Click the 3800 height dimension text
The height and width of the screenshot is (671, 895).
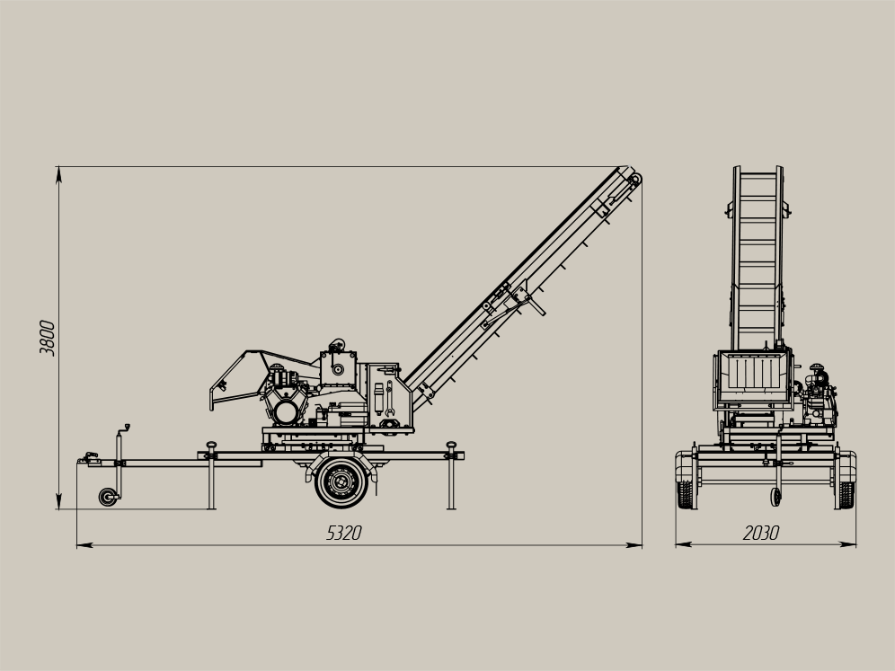[x=47, y=338]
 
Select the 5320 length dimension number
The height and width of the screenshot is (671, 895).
[x=343, y=533]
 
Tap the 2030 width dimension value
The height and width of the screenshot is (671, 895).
[x=761, y=533]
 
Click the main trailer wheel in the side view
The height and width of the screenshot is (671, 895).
[x=341, y=482]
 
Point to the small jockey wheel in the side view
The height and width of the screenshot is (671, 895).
[x=107, y=497]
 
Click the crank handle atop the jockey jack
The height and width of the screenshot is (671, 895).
[x=124, y=428]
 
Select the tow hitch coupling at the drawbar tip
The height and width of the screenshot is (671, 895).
[x=89, y=457]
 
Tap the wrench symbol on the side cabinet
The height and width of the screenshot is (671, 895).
[x=389, y=397]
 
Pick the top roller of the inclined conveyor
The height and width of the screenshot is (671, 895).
[x=634, y=179]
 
